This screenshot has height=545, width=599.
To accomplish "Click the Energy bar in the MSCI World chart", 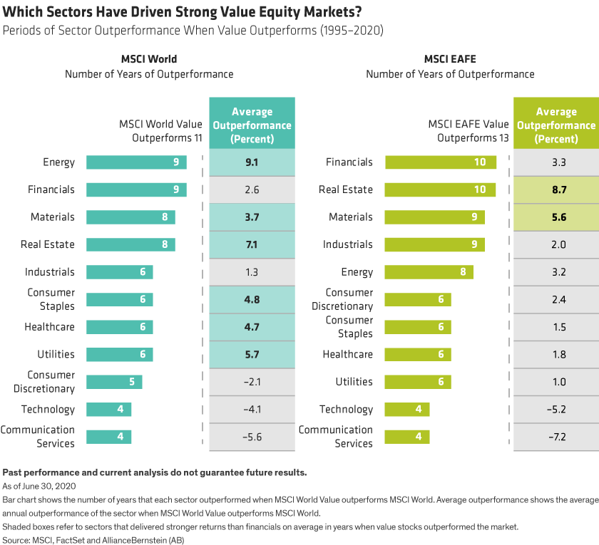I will (x=136, y=162).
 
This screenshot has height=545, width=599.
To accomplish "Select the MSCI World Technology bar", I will (x=109, y=409).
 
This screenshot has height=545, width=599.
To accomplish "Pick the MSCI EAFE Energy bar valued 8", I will (x=429, y=271).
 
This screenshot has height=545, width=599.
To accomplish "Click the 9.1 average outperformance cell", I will (x=251, y=162).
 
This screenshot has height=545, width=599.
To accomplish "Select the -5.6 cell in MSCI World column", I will (x=251, y=437).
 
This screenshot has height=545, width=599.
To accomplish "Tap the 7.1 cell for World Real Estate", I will (x=251, y=244).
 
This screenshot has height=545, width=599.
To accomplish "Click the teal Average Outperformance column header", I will (x=251, y=125).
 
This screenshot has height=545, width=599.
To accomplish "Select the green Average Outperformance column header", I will (x=556, y=125).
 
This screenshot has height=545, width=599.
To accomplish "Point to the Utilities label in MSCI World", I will (x=56, y=354).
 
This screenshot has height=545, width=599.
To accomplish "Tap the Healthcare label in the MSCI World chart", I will (x=50, y=327).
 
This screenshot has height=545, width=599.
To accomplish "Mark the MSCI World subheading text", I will (x=149, y=58).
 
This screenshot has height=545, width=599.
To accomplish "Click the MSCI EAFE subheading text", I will (x=450, y=58).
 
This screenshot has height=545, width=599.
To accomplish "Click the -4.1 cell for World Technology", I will (x=251, y=409).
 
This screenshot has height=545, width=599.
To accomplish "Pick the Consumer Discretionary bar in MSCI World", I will (x=114, y=381).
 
